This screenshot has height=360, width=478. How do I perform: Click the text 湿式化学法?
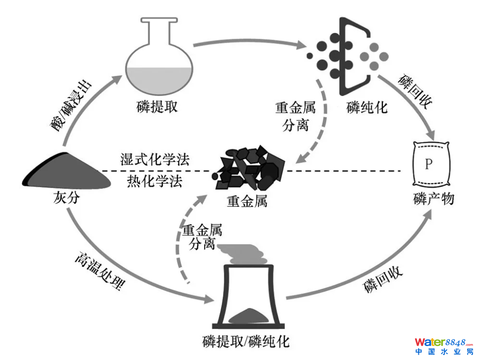pyautogui.click(x=155, y=160)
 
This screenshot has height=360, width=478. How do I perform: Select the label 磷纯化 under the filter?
pyautogui.click(x=367, y=107)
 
